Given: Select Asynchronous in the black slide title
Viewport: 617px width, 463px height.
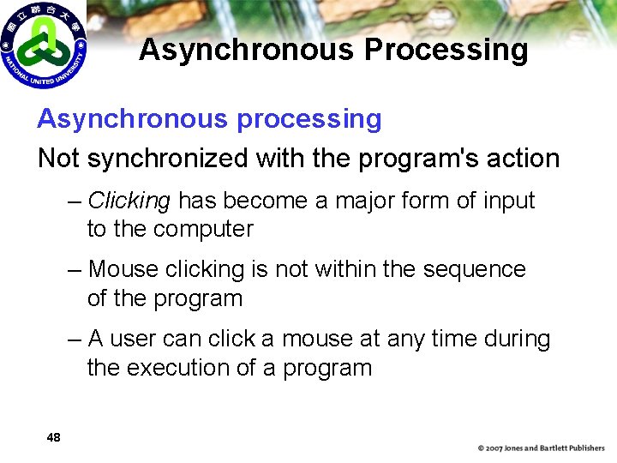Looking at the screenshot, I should pos(247,50).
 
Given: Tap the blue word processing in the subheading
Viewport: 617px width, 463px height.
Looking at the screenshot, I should pos(308,119).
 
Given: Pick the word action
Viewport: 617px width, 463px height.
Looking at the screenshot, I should pos(524,159).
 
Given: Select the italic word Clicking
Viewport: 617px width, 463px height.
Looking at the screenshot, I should pos(129,201).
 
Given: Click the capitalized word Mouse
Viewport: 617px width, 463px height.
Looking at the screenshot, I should pos(123,270).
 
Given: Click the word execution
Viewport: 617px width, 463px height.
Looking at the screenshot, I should pos(182,369).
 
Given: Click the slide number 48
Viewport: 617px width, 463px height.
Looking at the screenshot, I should pos(53,438).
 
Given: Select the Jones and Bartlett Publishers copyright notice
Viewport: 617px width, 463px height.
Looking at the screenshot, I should pos(541,448).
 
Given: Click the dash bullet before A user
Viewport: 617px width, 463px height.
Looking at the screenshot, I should pos(75,340).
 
